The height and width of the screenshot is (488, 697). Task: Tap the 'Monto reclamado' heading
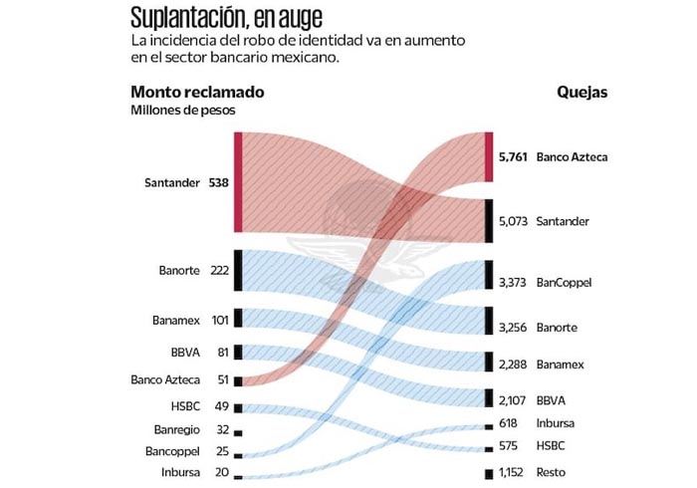pos(197,92)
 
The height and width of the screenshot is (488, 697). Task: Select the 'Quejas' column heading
pos(582,92)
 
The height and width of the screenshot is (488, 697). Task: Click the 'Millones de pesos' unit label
pos(183,110)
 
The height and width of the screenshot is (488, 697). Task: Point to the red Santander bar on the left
pos(238,183)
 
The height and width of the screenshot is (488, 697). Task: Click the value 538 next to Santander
pos(219,184)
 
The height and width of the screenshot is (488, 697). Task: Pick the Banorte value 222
pos(220,271)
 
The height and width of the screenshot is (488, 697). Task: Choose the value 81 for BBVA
pos(222,353)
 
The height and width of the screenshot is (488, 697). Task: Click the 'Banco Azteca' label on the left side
pos(165,379)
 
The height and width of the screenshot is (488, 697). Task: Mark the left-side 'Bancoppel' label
pos(174,451)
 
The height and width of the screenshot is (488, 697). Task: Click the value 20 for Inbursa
pos(222,472)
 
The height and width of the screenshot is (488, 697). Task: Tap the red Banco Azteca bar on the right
pos(488,156)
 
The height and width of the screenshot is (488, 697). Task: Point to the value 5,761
pos(513,157)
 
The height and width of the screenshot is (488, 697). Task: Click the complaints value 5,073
pos(513,220)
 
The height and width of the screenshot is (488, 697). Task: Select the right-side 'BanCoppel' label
pos(564,283)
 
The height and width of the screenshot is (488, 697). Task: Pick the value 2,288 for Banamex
pos(513,365)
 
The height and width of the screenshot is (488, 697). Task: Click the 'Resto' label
pos(552,472)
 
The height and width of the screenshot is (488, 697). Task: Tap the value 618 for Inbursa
pos(509,423)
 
